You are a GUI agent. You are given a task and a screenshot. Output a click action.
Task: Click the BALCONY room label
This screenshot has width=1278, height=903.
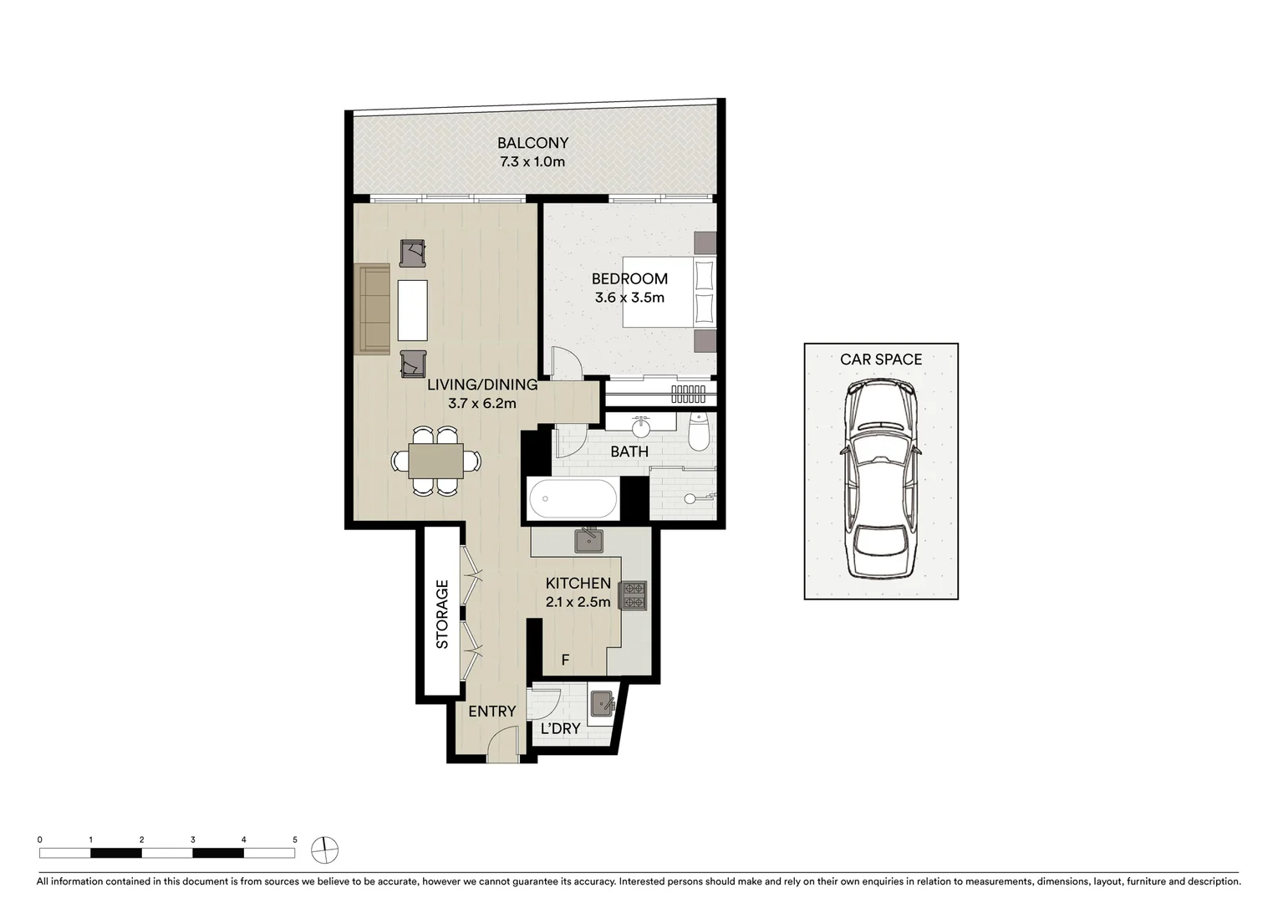[x=532, y=143]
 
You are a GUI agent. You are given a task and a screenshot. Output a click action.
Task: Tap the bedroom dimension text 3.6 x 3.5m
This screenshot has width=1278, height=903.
[x=629, y=298]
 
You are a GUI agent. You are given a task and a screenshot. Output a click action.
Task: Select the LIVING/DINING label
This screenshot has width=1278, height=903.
[x=481, y=385]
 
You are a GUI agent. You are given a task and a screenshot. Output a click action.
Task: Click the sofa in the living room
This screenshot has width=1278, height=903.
[x=372, y=309]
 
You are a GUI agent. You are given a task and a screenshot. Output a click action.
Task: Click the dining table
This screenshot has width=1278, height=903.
[x=436, y=461]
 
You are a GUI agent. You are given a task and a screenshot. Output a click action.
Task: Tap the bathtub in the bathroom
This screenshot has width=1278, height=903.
[x=573, y=500]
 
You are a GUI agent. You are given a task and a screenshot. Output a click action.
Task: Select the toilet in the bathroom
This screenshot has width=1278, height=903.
[x=698, y=432]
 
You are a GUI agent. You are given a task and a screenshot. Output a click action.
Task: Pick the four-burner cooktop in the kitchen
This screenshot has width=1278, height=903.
[x=633, y=594]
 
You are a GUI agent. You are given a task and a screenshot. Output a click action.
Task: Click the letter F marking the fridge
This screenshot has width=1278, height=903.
[x=565, y=661]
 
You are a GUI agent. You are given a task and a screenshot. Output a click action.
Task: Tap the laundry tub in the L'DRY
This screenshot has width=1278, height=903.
[x=603, y=704]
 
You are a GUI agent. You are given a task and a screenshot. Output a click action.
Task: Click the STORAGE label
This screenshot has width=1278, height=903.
[x=442, y=615]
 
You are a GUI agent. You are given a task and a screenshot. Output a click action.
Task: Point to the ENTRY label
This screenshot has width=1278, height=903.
[x=491, y=712]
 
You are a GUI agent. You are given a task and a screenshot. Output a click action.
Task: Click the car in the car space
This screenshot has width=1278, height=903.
[x=880, y=480]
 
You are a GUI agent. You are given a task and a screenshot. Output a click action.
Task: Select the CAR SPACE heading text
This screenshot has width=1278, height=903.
[x=881, y=360]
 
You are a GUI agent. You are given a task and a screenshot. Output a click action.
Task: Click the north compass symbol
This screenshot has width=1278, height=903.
[x=324, y=850]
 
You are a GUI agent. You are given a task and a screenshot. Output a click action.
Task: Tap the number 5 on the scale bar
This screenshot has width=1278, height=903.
[x=294, y=839]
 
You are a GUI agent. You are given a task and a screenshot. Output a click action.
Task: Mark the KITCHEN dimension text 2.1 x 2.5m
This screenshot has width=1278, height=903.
[x=578, y=601]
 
